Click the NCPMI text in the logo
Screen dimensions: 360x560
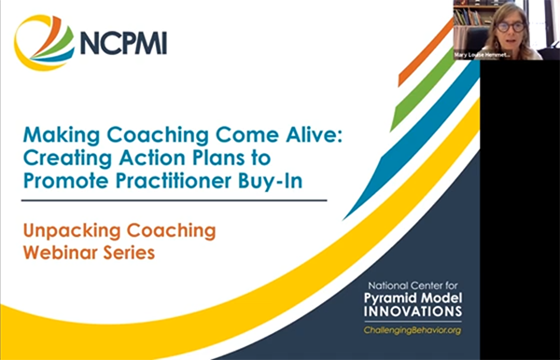[x=124, y=43]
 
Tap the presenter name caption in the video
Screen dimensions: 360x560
[x=484, y=54]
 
